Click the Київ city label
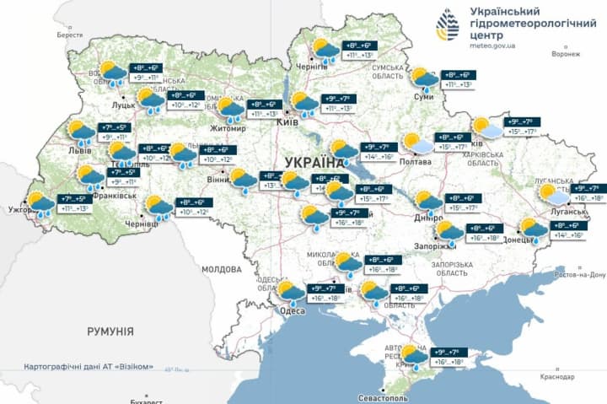point(284,121)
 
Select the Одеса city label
point(292,310)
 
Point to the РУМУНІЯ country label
point(110,331)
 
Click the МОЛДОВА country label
point(222,269)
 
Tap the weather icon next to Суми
point(423,78)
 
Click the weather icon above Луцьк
point(112,74)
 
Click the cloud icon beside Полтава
point(414,143)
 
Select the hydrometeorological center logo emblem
point(446,25)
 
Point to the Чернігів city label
point(313,67)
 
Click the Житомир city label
point(228,129)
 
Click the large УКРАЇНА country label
point(314,160)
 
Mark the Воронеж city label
point(566,53)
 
